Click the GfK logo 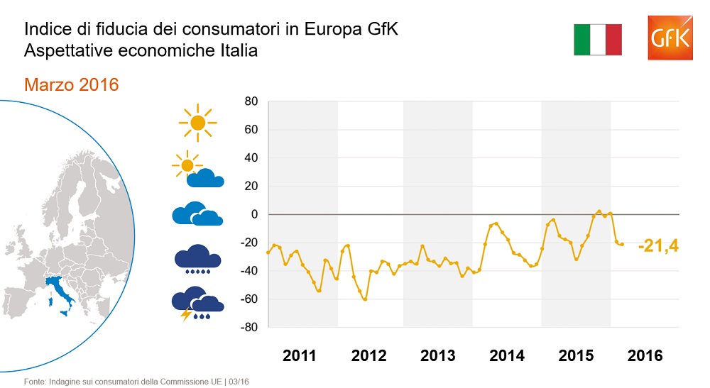[x=670, y=38]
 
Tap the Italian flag [x=597, y=39]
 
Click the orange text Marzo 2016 [x=71, y=84]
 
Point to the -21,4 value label [x=658, y=246]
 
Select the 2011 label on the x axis [x=300, y=355]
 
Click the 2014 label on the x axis [x=507, y=355]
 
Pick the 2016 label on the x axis [x=645, y=355]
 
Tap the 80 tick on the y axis [x=250, y=101]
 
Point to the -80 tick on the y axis [x=248, y=328]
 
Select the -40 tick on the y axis [x=248, y=271]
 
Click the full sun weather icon [x=197, y=123]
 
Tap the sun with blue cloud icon [x=198, y=170]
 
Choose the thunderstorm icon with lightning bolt [x=197, y=303]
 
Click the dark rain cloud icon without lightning [x=197, y=259]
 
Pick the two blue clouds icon [x=197, y=214]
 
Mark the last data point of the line [x=622, y=245]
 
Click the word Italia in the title [x=234, y=51]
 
